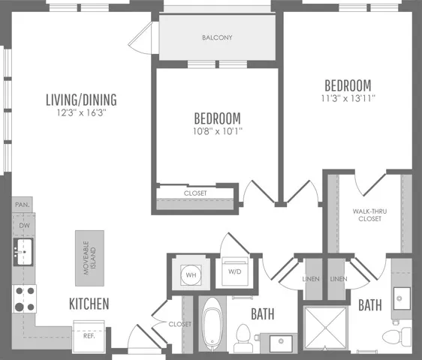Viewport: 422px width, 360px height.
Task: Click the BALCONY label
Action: (x=217, y=37)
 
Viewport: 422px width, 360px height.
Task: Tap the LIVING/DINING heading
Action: (x=81, y=100)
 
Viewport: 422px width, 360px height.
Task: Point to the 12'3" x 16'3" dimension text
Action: (x=81, y=112)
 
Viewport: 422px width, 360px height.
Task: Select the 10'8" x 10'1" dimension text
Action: (x=218, y=131)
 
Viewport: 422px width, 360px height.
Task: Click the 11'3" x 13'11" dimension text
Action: (x=348, y=98)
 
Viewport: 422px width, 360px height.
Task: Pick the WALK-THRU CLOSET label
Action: (x=369, y=215)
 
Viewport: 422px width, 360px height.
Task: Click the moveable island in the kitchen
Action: (x=89, y=258)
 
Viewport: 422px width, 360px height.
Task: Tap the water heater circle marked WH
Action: (x=191, y=274)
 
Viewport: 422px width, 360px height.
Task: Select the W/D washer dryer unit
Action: (x=235, y=271)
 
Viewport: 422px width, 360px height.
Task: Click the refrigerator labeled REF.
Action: (x=89, y=336)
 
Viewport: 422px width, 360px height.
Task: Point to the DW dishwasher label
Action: (x=24, y=226)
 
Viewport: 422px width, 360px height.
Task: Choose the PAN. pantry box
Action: (x=23, y=205)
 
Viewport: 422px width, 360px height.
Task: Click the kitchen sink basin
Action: (x=23, y=252)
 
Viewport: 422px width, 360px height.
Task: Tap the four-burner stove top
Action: (x=25, y=298)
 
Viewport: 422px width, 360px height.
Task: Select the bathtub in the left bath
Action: (x=213, y=324)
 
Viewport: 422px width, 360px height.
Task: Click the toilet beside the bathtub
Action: (x=243, y=338)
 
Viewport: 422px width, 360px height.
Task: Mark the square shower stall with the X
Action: (x=325, y=328)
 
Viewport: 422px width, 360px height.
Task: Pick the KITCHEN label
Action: (x=89, y=304)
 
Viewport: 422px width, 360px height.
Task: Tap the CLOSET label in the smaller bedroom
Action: (x=195, y=193)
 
